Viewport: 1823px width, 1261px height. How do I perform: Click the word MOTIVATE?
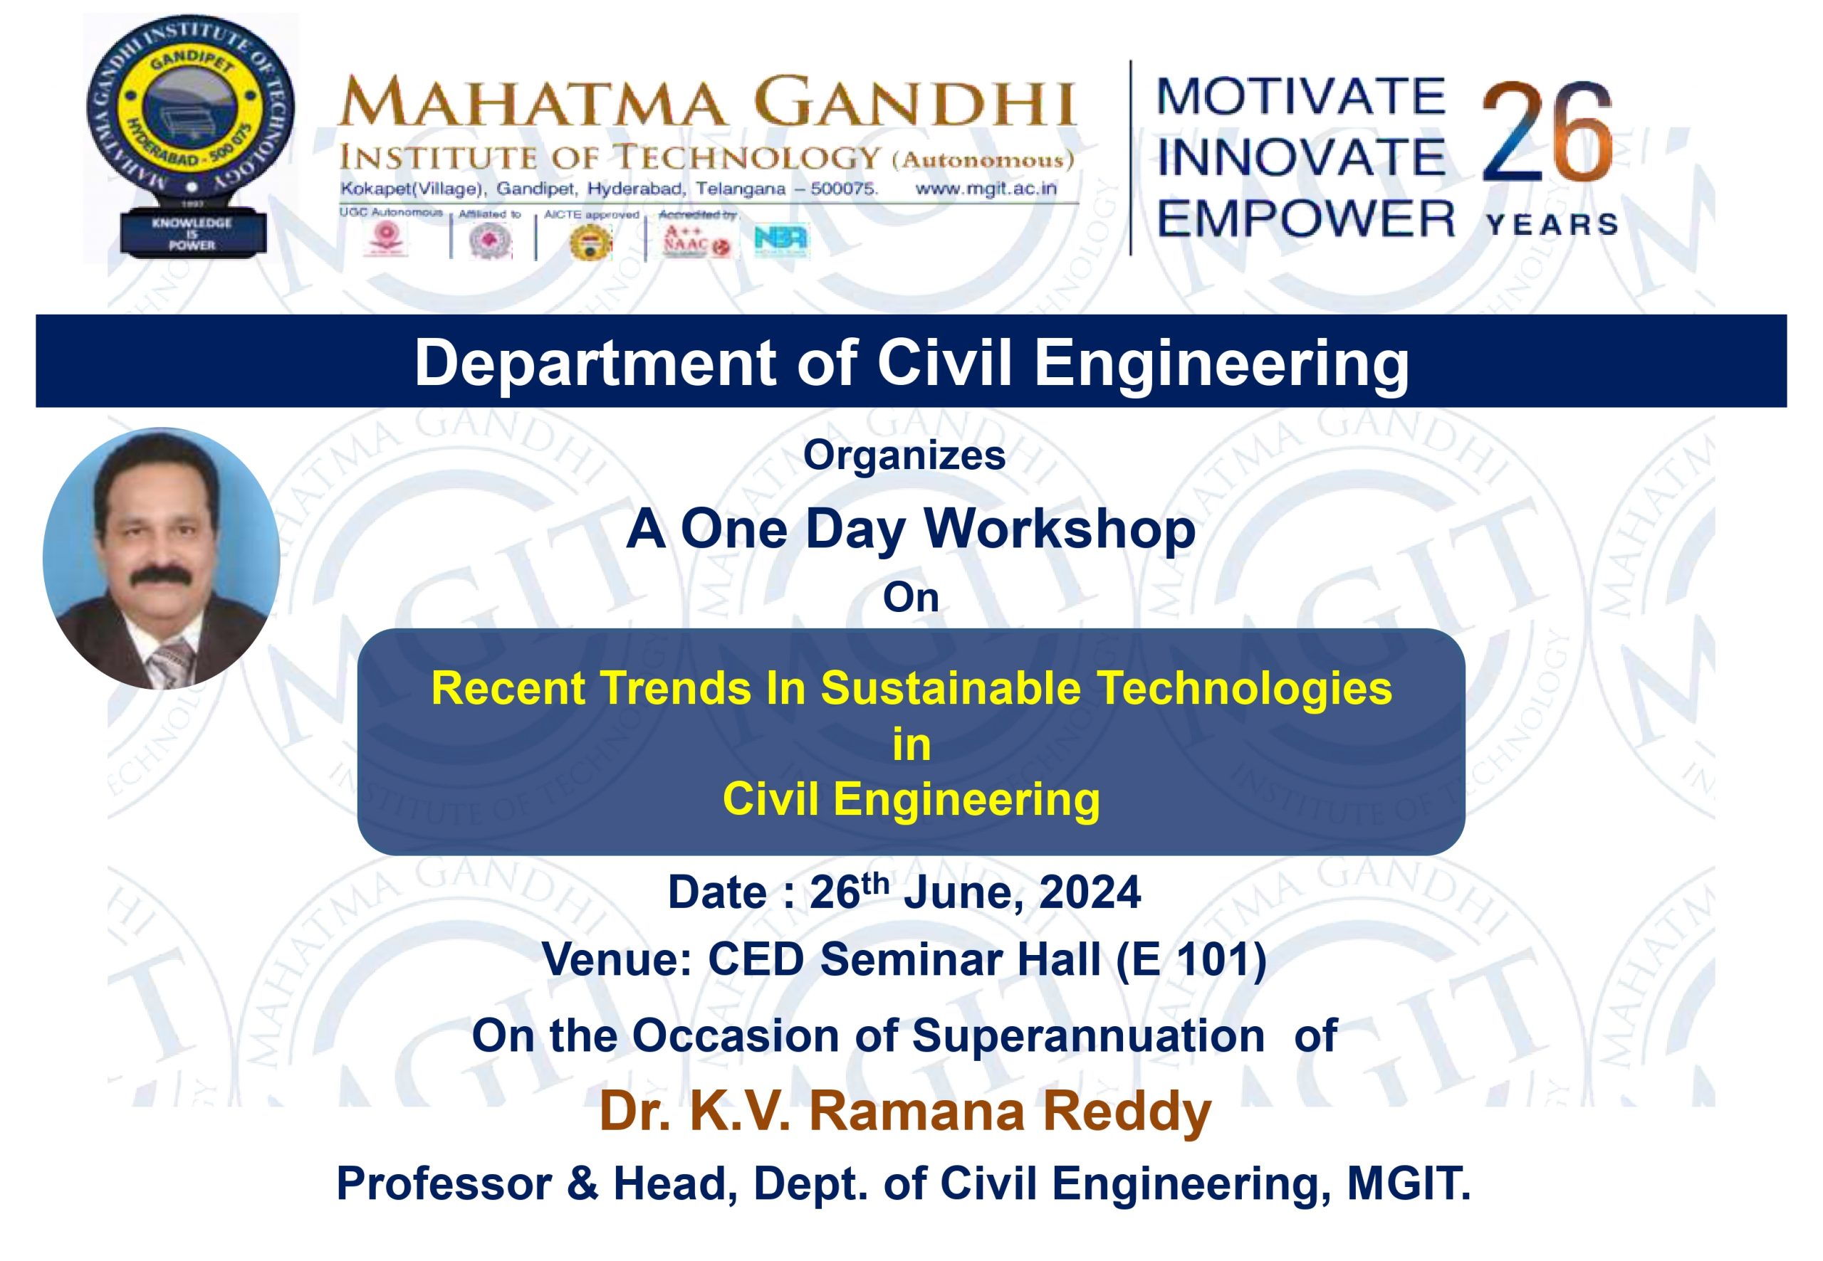point(1300,97)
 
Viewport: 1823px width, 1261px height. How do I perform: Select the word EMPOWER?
point(1305,219)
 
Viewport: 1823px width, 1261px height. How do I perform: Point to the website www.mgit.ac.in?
point(985,189)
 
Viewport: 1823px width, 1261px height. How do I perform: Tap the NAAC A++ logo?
point(696,242)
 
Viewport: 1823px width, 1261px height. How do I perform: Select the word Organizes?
point(904,455)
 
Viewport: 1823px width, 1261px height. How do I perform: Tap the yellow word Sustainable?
point(950,687)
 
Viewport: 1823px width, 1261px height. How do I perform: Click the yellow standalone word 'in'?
point(911,745)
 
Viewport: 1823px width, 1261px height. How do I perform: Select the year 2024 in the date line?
point(1090,893)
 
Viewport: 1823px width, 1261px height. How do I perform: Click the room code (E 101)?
point(1191,960)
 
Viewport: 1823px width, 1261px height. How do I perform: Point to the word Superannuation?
point(1088,1036)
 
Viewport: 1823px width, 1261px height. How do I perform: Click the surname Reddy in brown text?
point(1127,1112)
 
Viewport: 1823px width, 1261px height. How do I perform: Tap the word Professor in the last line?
point(444,1183)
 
